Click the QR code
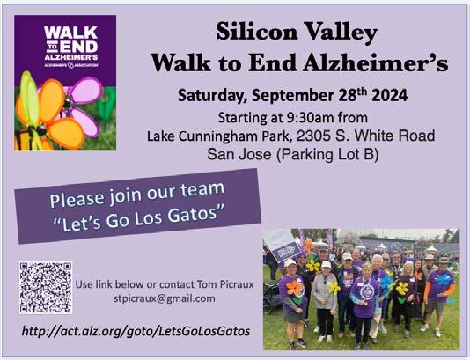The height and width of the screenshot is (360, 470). [x=46, y=288]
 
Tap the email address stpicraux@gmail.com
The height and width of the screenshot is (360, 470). [x=165, y=299]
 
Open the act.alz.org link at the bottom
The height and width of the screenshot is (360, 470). [x=136, y=331]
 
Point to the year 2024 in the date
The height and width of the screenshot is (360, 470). [x=389, y=96]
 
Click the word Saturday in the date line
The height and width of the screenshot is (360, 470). [x=212, y=96]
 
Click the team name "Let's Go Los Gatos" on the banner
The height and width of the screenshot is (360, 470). [x=139, y=218]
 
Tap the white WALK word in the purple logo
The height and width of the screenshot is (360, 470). [x=70, y=33]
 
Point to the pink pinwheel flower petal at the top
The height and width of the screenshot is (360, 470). [x=87, y=90]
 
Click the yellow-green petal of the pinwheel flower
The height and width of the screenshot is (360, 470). [x=29, y=96]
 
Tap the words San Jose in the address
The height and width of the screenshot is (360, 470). [x=239, y=155]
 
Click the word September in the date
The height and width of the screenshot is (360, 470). [x=292, y=96]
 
